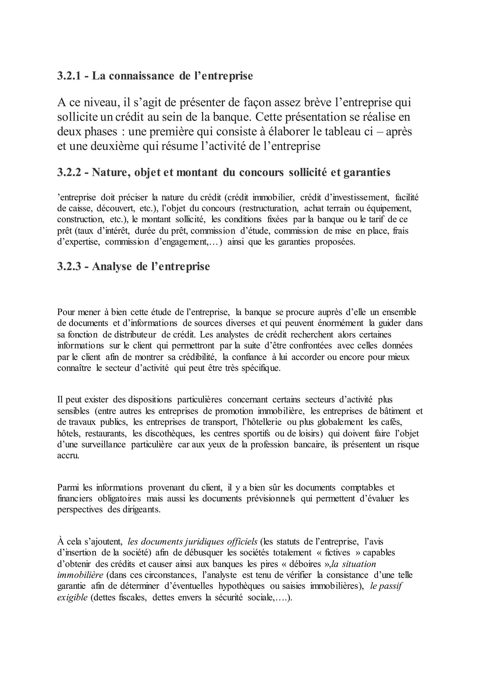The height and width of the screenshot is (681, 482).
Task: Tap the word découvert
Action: click(x=117, y=209)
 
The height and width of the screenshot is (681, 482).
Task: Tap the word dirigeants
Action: click(x=139, y=510)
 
